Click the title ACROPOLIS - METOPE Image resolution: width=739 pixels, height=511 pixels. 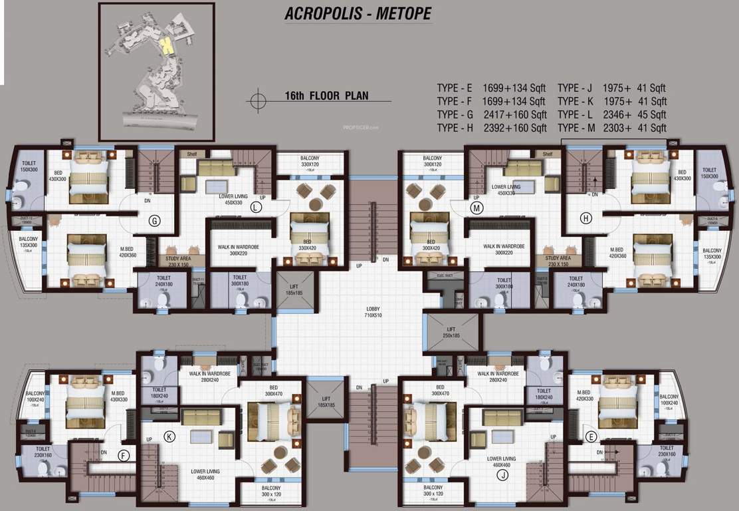[x=358, y=13]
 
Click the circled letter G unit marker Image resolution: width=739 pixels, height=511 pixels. [x=154, y=222]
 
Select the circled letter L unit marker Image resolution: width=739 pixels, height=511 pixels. [x=257, y=207]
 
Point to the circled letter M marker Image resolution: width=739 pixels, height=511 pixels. [x=476, y=207]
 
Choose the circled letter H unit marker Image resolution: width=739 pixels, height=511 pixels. [x=585, y=218]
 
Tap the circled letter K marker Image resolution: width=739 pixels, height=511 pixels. [x=169, y=436]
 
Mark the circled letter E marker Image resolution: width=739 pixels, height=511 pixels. [x=591, y=436]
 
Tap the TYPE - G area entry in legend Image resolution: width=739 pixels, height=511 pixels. [x=492, y=114]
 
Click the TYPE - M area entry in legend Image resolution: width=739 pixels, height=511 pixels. [x=612, y=128]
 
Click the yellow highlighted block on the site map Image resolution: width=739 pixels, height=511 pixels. [x=165, y=47]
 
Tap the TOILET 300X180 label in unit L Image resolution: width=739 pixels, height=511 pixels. [x=239, y=281]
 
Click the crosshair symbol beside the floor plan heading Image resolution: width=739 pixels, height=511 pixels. [x=256, y=100]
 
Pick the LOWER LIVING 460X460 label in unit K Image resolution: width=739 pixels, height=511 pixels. [x=205, y=474]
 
